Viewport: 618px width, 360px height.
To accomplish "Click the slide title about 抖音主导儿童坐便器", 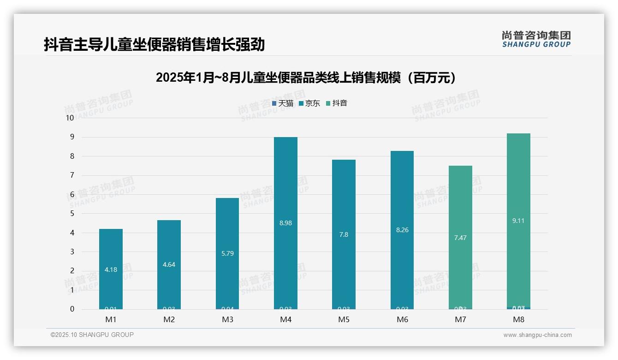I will (154, 44).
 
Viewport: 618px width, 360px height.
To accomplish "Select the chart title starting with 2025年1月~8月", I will (306, 78).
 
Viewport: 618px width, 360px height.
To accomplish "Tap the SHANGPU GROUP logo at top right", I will (536, 39).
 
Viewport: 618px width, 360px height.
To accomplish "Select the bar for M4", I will (285, 185).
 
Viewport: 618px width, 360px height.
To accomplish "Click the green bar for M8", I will (518, 185).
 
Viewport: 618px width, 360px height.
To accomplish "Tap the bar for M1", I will (111, 249).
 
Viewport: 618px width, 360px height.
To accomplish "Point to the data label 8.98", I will (285, 223).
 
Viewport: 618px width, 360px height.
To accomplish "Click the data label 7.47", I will (460, 238).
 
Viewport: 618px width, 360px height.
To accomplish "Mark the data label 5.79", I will (227, 253).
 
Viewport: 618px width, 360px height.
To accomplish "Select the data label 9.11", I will (518, 221).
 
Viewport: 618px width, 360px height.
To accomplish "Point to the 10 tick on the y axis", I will (70, 118).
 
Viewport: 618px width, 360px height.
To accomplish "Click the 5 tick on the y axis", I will (71, 213).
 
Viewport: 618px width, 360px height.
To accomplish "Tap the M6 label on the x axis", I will (402, 319).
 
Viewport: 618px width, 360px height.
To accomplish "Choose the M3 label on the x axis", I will (227, 319).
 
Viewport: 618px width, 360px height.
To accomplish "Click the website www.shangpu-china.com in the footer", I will (537, 335).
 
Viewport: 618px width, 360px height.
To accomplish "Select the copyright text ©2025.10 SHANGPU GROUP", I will (92, 335).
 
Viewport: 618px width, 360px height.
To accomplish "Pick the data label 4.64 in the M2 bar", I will (169, 264).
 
